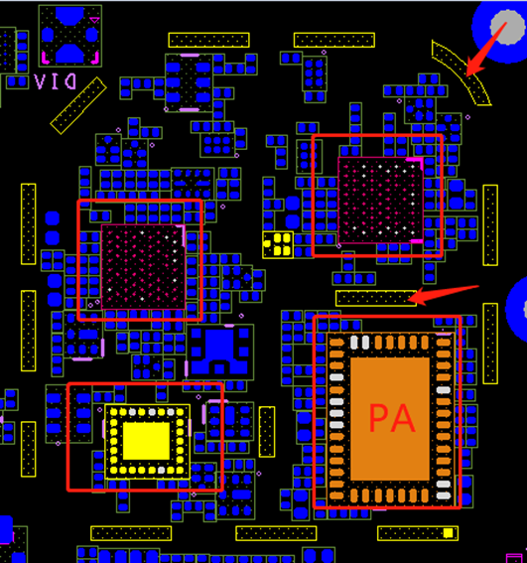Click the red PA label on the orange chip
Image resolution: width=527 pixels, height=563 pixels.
coord(392,418)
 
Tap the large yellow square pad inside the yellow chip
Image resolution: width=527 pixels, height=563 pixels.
coord(146,441)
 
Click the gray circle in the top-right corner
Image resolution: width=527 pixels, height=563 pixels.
coord(507,27)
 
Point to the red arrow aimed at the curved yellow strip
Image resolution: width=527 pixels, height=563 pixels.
coord(486,50)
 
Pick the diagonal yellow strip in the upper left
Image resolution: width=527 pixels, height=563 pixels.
coord(78,105)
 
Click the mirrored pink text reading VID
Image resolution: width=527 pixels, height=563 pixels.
coord(55,81)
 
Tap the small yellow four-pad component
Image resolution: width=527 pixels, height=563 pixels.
coord(278,245)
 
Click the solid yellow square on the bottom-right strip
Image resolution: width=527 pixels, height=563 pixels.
coord(448,533)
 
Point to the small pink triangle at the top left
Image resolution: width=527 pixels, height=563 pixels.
coord(94,20)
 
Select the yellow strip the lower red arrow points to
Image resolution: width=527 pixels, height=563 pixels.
coord(376,298)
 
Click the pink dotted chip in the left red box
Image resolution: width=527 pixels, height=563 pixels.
coord(143,267)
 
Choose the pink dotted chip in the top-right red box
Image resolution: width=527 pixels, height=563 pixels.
coord(380,201)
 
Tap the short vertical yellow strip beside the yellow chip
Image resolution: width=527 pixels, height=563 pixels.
coord(267,432)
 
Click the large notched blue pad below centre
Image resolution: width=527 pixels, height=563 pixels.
coord(219,352)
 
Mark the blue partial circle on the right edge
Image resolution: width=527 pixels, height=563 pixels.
coord(517,309)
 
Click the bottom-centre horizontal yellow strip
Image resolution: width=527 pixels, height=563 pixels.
coord(276,533)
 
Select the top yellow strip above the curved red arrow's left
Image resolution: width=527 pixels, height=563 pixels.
coord(334,40)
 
